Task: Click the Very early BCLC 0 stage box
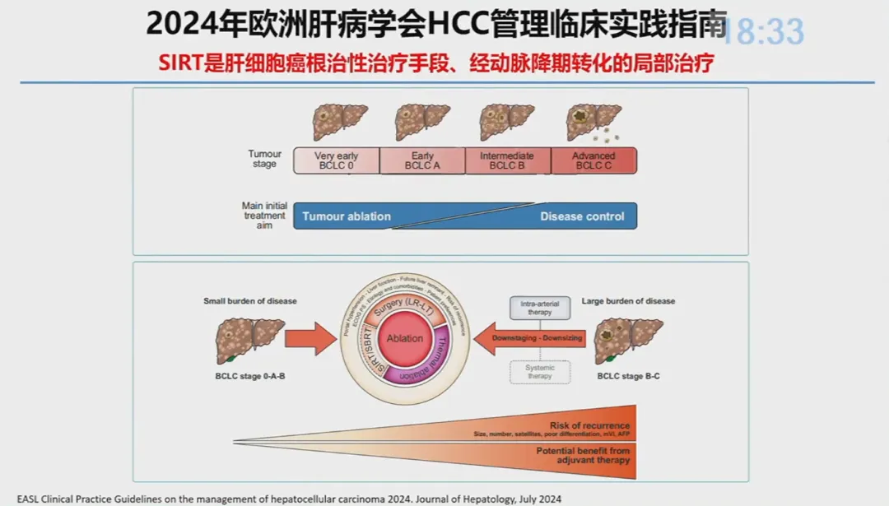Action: click(337, 160)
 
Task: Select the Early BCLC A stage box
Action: click(422, 160)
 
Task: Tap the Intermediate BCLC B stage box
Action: click(508, 160)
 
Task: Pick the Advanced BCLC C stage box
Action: click(593, 160)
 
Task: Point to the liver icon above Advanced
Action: click(593, 123)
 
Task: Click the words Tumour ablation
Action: click(347, 216)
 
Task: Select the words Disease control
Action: click(582, 216)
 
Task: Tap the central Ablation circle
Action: click(405, 338)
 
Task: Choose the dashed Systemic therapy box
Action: click(539, 372)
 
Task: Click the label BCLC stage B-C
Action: click(628, 375)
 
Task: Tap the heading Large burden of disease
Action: click(628, 301)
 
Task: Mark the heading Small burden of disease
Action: click(250, 301)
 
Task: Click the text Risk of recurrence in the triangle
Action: click(589, 425)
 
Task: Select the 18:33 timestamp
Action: click(761, 31)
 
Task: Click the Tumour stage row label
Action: click(264, 159)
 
